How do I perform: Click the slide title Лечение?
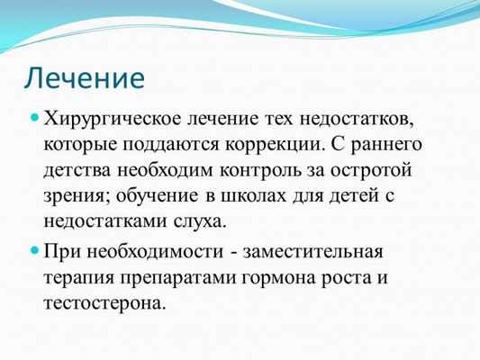point(84,76)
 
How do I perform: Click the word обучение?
point(156,194)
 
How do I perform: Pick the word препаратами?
point(182,275)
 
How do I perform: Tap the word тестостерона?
point(104,301)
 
